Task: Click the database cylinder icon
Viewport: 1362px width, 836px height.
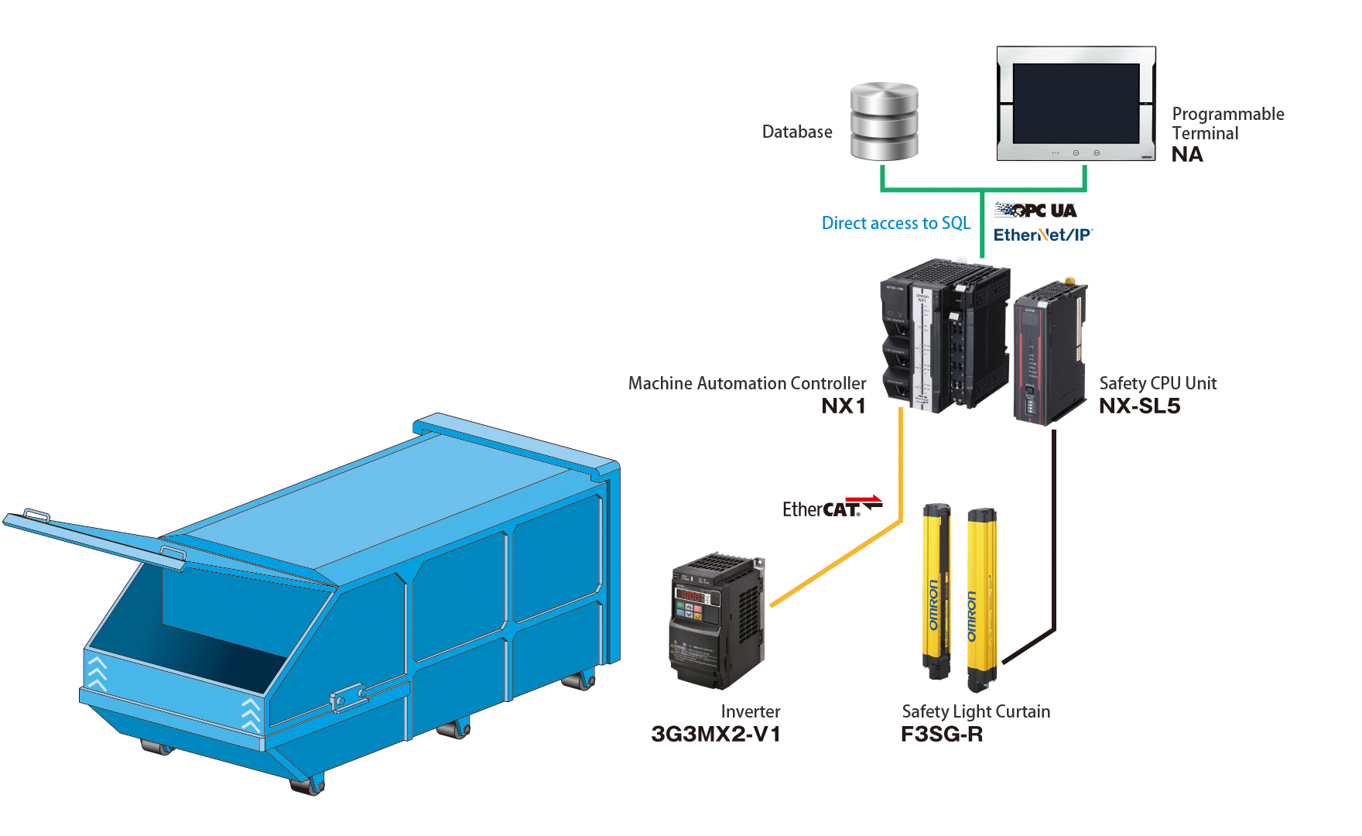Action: pyautogui.click(x=884, y=122)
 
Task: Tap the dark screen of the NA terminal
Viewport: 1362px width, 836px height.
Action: pyautogui.click(x=1076, y=103)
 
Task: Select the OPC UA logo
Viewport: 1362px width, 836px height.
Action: pyautogui.click(x=1035, y=211)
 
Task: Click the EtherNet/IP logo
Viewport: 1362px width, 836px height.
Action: pyautogui.click(x=1042, y=235)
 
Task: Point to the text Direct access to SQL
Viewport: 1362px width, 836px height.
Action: pyautogui.click(x=895, y=223)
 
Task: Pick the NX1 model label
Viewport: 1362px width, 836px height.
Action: pyautogui.click(x=843, y=406)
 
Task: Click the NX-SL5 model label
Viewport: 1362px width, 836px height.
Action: pyautogui.click(x=1139, y=406)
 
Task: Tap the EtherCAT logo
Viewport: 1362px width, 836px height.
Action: pyautogui.click(x=831, y=508)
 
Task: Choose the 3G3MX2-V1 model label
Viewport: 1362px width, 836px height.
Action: pyautogui.click(x=716, y=734)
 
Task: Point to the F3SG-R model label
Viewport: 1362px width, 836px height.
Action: pyautogui.click(x=941, y=734)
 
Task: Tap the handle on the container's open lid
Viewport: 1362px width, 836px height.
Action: pyautogui.click(x=36, y=515)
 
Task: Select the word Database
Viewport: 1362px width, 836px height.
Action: pyautogui.click(x=797, y=132)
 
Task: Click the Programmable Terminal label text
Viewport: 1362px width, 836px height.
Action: pyautogui.click(x=1227, y=124)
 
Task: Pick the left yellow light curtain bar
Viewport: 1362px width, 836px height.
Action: pyautogui.click(x=936, y=592)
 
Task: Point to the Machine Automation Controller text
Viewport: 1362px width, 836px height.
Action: pyautogui.click(x=747, y=383)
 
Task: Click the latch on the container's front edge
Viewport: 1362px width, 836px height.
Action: pyautogui.click(x=349, y=697)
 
